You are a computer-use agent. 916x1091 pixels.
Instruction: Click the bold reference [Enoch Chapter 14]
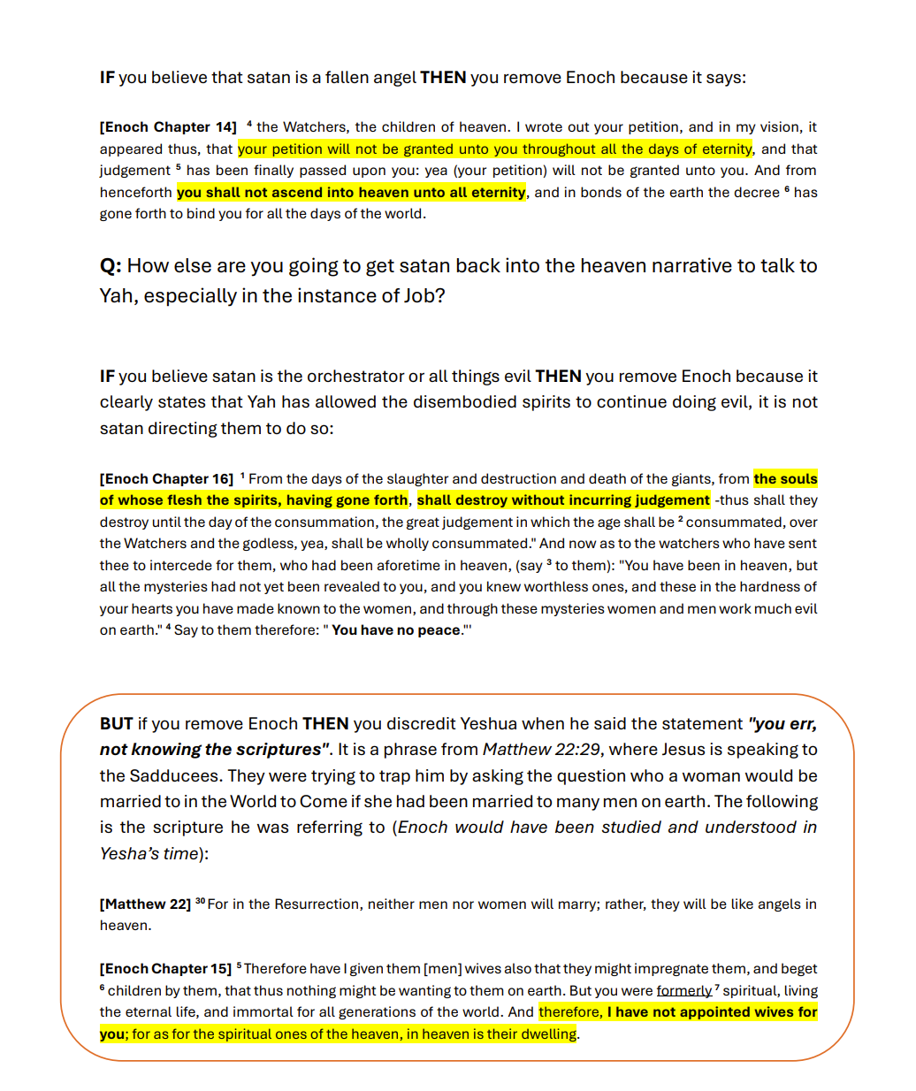pos(168,127)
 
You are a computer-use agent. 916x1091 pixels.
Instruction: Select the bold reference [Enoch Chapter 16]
pos(166,479)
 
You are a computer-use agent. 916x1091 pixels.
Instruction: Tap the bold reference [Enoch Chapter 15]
pos(165,969)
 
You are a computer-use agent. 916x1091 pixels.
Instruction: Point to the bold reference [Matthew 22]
pos(145,904)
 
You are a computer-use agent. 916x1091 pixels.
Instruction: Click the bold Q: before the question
pos(111,266)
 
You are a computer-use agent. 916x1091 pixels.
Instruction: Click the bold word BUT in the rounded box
pos(116,724)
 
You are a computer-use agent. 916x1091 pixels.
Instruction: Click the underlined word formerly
pos(683,991)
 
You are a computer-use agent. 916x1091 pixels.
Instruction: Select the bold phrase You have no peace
pos(396,630)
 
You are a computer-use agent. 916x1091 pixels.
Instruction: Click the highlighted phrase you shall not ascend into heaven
pos(351,193)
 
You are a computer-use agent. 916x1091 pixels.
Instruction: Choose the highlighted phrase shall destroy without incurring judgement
pos(563,500)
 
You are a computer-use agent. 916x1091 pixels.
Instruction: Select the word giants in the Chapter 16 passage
pos(691,479)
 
